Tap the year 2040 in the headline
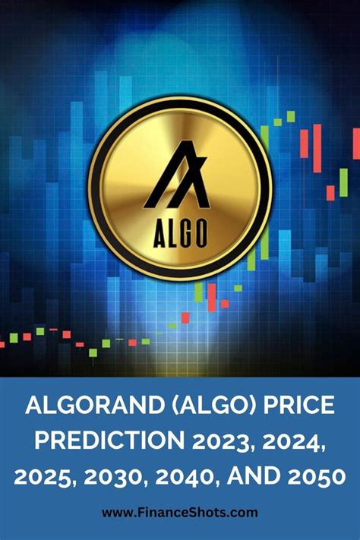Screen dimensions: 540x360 (x=195, y=478)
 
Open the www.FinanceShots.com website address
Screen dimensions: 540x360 (x=180, y=513)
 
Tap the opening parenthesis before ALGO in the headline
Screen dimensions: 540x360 (x=162, y=407)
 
